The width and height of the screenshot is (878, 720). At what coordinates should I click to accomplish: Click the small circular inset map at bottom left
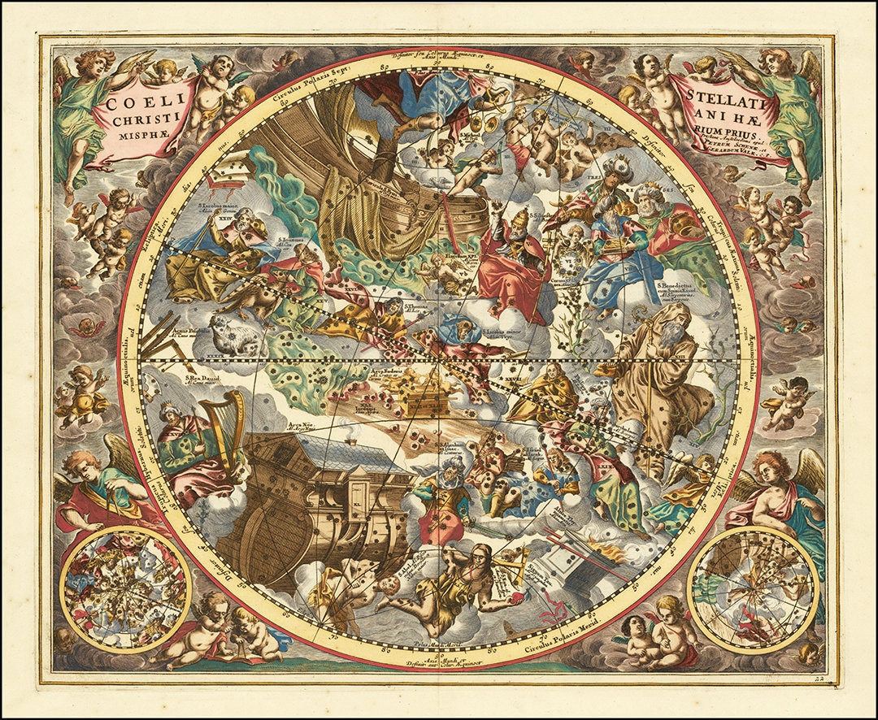[125, 589]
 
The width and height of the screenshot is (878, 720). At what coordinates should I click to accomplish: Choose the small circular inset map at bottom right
[753, 590]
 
